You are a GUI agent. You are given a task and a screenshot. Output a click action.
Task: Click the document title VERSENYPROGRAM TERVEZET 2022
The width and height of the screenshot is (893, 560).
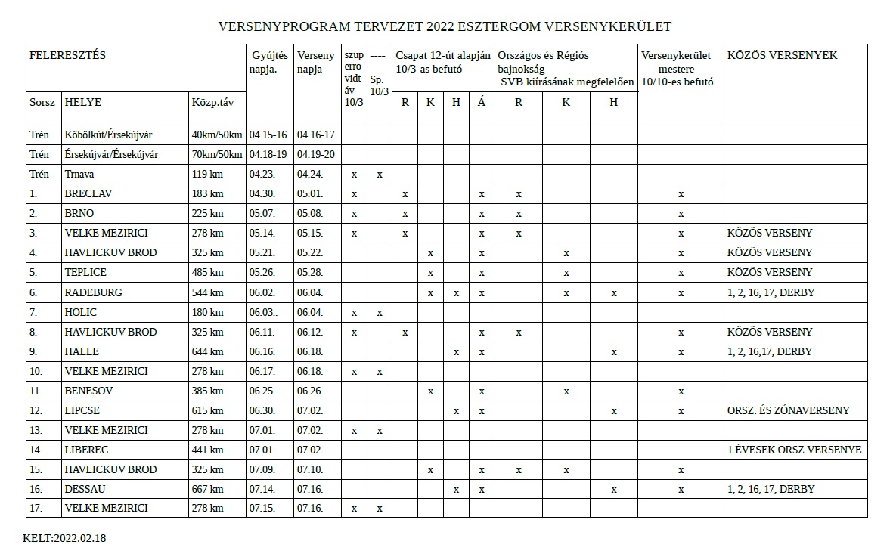point(445,26)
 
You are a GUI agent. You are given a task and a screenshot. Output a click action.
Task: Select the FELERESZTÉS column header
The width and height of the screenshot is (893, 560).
point(67,55)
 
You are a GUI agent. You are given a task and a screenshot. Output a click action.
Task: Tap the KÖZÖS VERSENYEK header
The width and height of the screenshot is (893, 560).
point(782,55)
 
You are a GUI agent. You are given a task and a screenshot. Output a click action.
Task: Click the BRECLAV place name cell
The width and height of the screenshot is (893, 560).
point(88,194)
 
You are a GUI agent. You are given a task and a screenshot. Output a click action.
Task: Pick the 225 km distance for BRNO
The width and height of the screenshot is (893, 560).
point(207,214)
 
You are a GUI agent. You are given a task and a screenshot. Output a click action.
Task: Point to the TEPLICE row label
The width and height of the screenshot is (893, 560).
point(85,272)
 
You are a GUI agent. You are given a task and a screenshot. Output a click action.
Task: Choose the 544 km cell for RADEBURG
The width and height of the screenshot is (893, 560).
point(207,292)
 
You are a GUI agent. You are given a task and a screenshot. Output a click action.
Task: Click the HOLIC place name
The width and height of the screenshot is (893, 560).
point(81,312)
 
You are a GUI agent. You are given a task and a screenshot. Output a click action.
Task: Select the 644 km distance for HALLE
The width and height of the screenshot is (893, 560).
point(207,351)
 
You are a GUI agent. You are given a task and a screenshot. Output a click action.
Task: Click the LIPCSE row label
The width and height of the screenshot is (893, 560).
point(82,410)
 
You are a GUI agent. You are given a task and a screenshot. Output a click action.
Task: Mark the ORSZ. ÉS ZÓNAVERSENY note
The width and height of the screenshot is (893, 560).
point(788,410)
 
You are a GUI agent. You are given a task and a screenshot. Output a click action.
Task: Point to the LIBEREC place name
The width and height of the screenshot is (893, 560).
point(87,450)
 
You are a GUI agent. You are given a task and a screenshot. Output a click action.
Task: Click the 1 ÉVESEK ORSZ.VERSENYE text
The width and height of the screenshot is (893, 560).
point(794,450)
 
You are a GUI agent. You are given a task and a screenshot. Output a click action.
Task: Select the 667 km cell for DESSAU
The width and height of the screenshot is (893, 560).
point(207,489)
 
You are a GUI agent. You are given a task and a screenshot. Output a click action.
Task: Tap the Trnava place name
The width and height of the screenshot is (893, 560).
point(81,175)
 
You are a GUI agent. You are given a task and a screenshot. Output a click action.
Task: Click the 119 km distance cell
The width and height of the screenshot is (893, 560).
point(207,175)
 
